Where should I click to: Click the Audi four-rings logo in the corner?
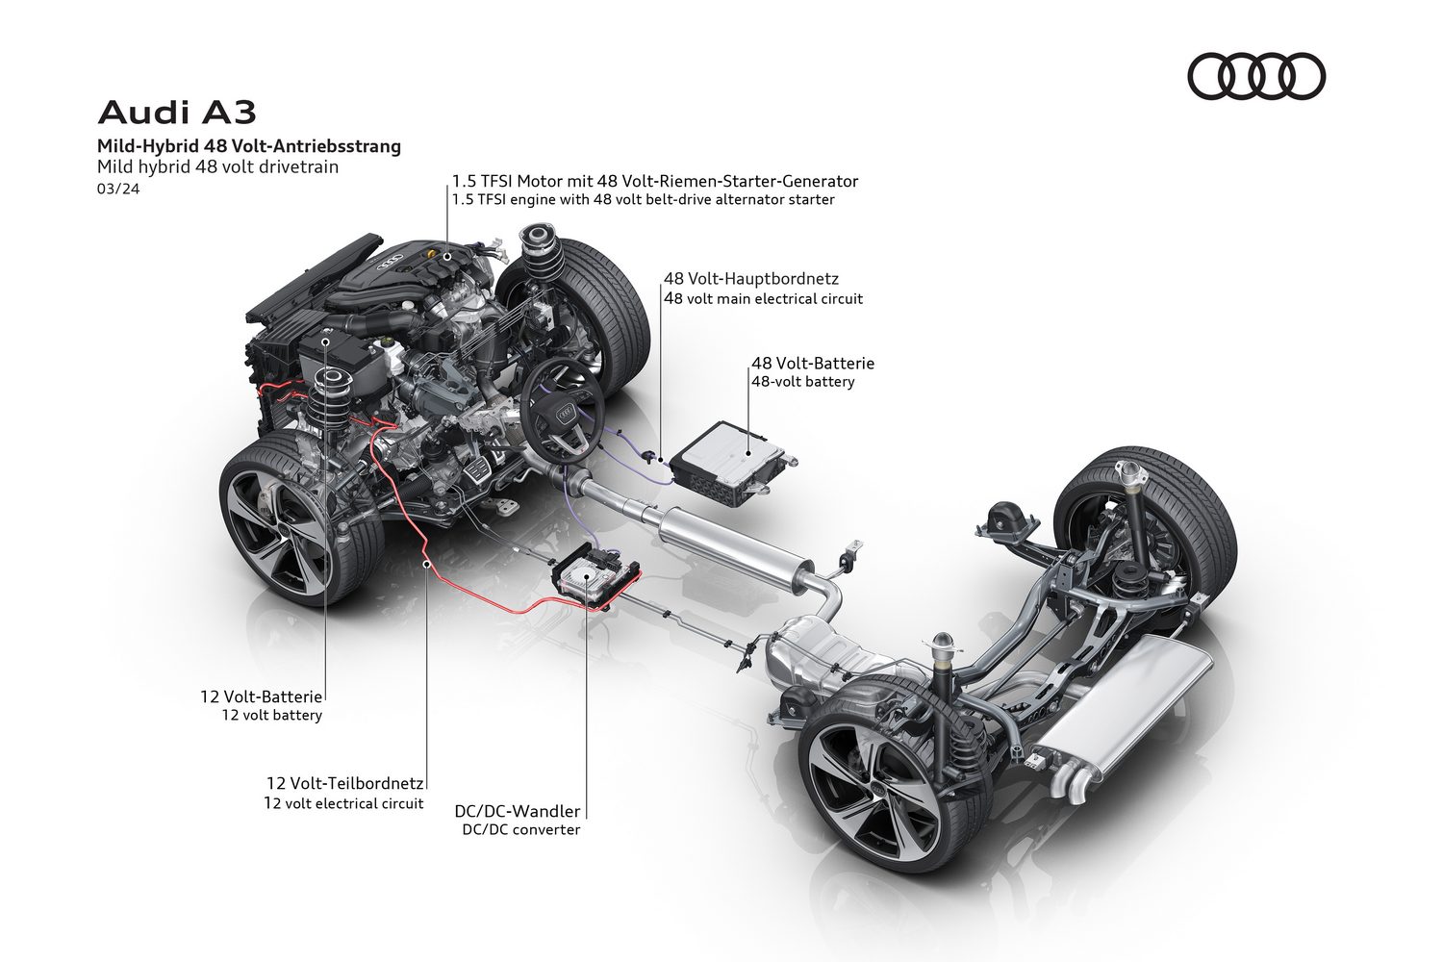pos(1256,77)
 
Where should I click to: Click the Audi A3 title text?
pos(177,113)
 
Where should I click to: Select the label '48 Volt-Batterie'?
pos(813,364)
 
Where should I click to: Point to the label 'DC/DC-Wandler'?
pos(518,811)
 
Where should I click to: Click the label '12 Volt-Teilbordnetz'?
pos(345,783)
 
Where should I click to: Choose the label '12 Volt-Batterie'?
pos(262,695)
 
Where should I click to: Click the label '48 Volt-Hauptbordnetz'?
pos(751,278)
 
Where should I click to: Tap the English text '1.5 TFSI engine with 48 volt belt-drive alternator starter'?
pos(644,200)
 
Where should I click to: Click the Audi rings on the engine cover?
pos(391,262)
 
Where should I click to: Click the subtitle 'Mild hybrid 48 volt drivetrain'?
pos(217,166)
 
